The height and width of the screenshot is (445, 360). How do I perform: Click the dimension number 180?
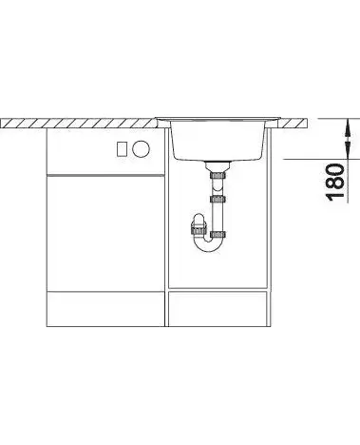(335, 182)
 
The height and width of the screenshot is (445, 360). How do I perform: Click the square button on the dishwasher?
(122, 149)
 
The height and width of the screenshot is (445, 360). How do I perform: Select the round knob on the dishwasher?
(142, 148)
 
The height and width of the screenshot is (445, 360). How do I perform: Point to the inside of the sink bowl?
(218, 140)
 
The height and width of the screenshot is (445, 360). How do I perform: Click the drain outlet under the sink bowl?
(218, 166)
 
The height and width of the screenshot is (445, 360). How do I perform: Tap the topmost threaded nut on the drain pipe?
(218, 175)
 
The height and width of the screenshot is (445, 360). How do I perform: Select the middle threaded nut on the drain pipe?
(218, 200)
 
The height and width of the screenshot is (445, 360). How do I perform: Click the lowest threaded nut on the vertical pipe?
(218, 235)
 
